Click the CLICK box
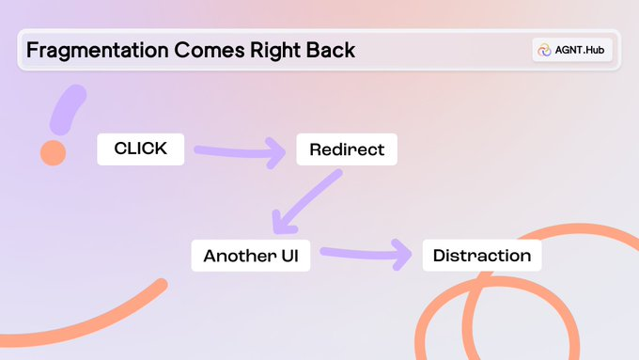pyautogui.click(x=140, y=149)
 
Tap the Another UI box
pyautogui.click(x=251, y=256)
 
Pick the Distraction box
pyautogui.click(x=482, y=256)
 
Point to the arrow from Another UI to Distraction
pyautogui.click(x=362, y=252)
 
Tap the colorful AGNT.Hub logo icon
pyautogui.click(x=544, y=50)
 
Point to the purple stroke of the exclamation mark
pyautogui.click(x=69, y=108)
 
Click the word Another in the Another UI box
pyautogui.click(x=239, y=256)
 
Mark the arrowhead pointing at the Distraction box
pyautogui.click(x=403, y=253)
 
